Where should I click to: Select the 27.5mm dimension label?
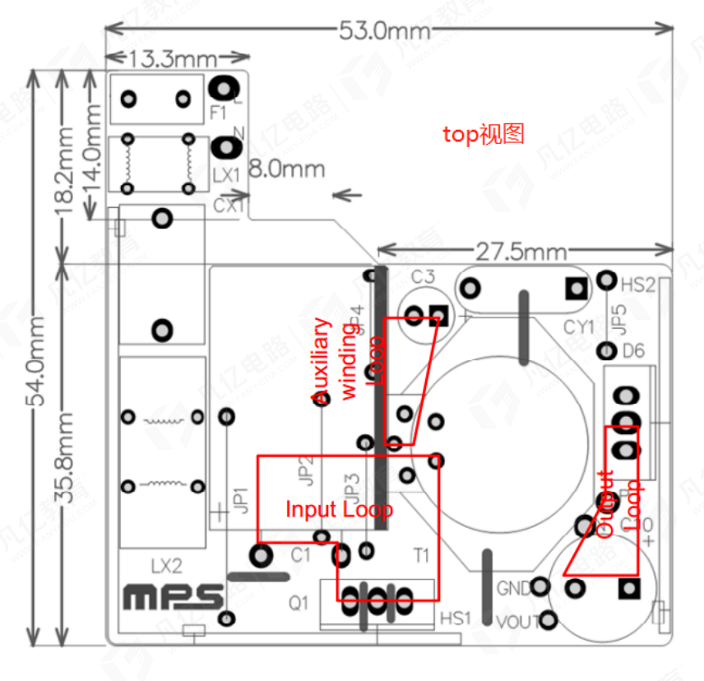[523, 251]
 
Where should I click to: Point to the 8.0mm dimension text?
[287, 170]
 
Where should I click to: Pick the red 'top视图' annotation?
[484, 134]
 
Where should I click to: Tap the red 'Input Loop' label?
[339, 509]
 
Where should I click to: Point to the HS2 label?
[637, 285]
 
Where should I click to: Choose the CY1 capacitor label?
[579, 327]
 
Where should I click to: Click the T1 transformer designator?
[421, 556]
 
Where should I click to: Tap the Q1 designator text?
[299, 602]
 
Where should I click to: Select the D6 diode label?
[633, 352]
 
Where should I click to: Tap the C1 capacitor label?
[301, 555]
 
